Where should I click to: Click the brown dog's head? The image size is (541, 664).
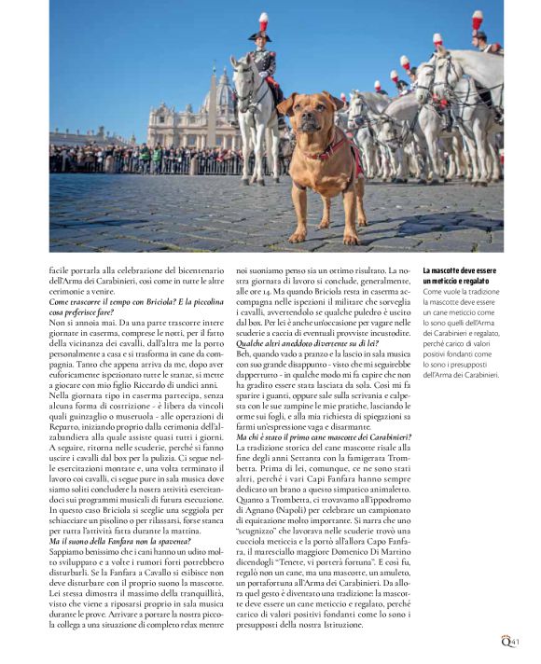click(x=305, y=114)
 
